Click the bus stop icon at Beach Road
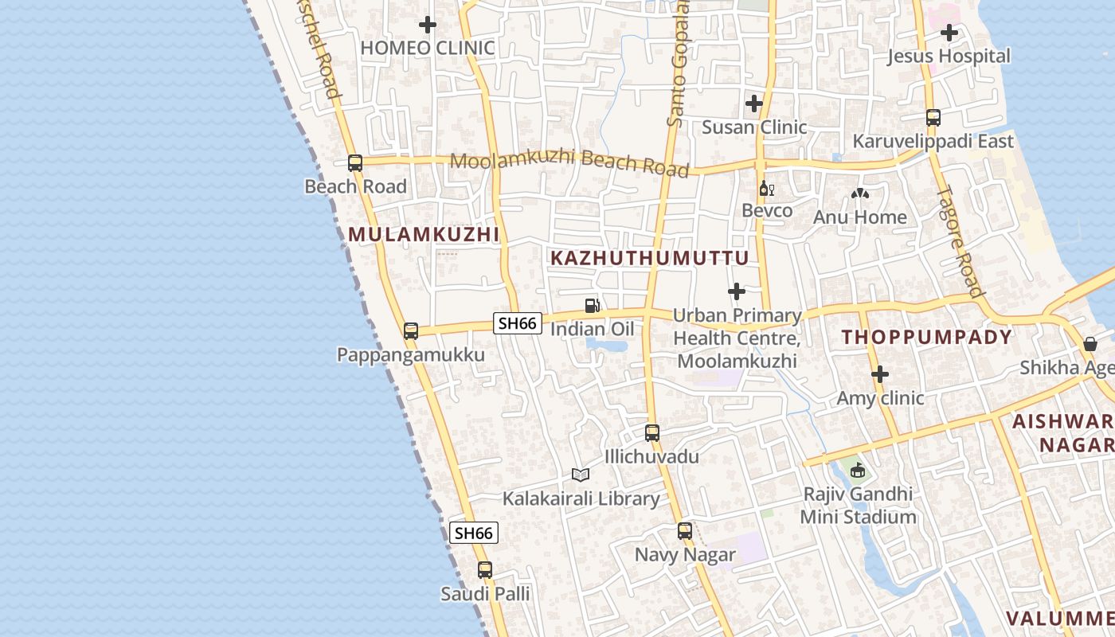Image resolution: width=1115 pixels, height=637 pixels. (355, 163)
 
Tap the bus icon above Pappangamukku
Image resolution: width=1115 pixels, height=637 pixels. (411, 331)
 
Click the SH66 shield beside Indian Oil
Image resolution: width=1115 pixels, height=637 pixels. (518, 323)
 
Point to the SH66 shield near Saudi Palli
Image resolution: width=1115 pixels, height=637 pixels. (474, 533)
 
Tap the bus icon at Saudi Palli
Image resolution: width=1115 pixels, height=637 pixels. (485, 570)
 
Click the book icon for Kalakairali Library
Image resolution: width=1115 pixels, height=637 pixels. (581, 475)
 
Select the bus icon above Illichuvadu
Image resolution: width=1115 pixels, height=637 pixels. (652, 433)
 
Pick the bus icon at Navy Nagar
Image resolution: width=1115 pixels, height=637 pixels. (685, 531)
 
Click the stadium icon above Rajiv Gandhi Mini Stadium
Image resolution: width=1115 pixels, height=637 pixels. (858, 470)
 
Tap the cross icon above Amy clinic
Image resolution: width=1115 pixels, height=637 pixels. (880, 374)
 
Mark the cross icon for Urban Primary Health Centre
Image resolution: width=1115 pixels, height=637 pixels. (737, 291)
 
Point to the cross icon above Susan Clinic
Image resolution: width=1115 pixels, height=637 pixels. (753, 104)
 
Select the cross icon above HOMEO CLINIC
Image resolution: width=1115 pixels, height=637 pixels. (428, 25)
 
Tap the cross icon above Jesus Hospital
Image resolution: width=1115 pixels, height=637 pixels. (949, 33)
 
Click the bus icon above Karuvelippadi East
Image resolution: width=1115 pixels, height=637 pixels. (933, 118)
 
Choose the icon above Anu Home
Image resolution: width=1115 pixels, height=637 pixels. (860, 193)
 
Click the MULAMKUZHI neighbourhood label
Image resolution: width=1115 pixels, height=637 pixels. (424, 234)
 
